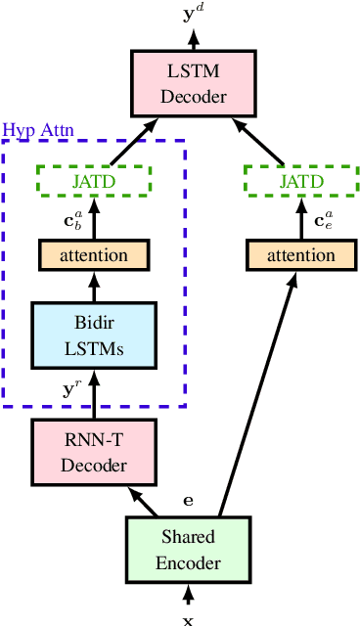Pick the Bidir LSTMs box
click(x=94, y=335)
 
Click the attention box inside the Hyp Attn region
click(x=94, y=255)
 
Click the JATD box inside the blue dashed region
click(x=94, y=181)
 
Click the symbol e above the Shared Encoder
click(x=189, y=500)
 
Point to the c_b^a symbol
click(x=73, y=219)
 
